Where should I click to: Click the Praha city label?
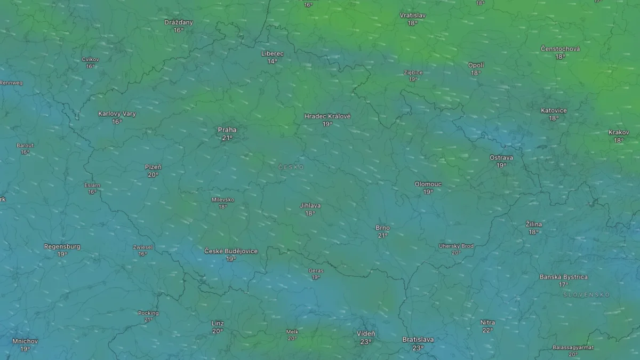pyautogui.click(x=227, y=130)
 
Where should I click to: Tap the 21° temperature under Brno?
pyautogui.click(x=383, y=235)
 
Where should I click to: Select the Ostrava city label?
pyautogui.click(x=501, y=158)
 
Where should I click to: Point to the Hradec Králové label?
pyautogui.click(x=327, y=116)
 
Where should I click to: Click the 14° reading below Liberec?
pyautogui.click(x=273, y=61)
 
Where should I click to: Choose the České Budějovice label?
pyautogui.click(x=231, y=251)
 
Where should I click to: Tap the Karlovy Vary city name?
pyautogui.click(x=117, y=114)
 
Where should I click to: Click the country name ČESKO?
pyautogui.click(x=291, y=167)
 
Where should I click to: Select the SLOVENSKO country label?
pyautogui.click(x=587, y=294)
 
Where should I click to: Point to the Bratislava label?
pyautogui.click(x=418, y=340)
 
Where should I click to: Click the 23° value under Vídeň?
pyautogui.click(x=365, y=342)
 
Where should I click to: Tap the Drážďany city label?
pyautogui.click(x=179, y=22)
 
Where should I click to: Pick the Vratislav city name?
pyautogui.click(x=413, y=15)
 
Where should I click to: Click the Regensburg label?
pyautogui.click(x=62, y=246)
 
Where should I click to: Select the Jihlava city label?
pyautogui.click(x=310, y=205)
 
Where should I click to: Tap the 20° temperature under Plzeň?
pyautogui.click(x=153, y=174)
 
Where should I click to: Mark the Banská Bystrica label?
pyautogui.click(x=564, y=277)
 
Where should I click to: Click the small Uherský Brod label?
pyautogui.click(x=456, y=246)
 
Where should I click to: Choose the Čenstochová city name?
pyautogui.click(x=560, y=49)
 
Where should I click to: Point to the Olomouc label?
pyautogui.click(x=428, y=184)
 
